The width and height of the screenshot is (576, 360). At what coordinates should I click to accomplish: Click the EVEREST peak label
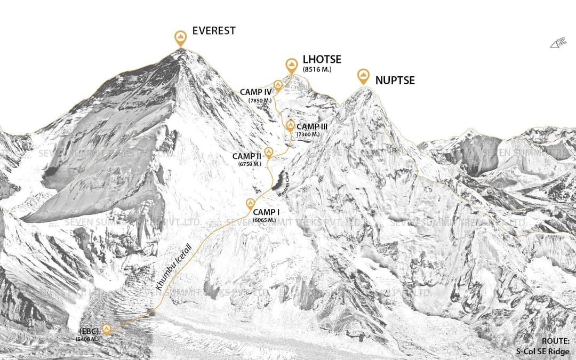[x=213, y=31]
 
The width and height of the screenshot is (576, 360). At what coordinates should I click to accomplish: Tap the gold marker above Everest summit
[x=181, y=38]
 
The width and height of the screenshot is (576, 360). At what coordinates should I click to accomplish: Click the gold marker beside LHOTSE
[x=291, y=66]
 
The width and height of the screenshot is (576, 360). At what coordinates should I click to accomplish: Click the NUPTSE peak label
[x=395, y=81]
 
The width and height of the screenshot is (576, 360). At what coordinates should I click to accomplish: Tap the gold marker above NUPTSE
[x=363, y=76]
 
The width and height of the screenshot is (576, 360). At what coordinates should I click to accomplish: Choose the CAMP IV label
[x=256, y=92]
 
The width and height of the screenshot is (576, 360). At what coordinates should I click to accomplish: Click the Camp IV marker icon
[x=278, y=85]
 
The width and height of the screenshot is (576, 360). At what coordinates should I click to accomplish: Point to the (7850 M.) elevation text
[x=260, y=100]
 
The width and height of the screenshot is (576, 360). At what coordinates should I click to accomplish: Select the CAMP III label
[x=311, y=126]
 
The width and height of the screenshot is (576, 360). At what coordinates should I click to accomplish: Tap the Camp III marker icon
[x=290, y=126]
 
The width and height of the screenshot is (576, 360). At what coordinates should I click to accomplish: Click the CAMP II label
[x=246, y=156]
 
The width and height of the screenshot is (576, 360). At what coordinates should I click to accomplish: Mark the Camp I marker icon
[x=250, y=204]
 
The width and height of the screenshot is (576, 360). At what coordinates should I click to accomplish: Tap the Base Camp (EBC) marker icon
[x=106, y=329]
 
